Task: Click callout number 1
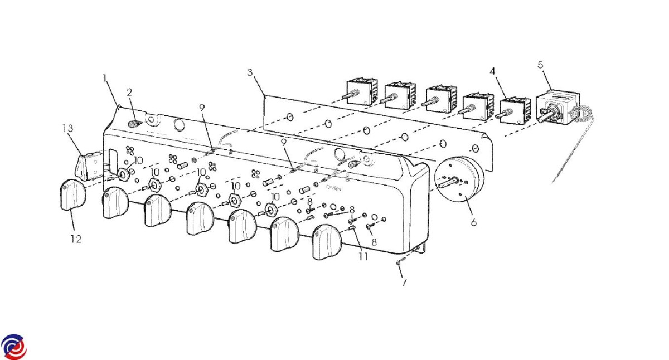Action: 105,79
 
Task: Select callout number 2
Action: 129,93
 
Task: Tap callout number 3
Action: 250,72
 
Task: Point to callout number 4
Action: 492,71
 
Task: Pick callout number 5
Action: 540,65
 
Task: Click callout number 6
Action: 474,222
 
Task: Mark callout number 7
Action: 404,282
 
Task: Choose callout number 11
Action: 363,256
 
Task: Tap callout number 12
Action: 76,239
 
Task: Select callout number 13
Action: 68,128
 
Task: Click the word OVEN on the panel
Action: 333,189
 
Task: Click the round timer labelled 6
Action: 458,179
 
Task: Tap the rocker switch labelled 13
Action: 89,167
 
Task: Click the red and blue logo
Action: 14,347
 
